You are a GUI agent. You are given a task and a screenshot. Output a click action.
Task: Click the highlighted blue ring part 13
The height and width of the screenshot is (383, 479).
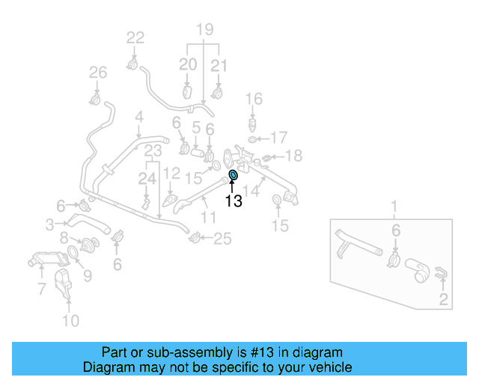tap(233, 176)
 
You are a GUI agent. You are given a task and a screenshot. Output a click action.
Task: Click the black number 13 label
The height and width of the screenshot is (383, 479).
tap(234, 201)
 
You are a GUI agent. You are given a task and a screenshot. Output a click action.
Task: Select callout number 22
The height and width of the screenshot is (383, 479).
tap(135, 37)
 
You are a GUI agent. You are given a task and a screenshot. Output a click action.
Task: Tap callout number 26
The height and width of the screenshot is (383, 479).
tap(98, 73)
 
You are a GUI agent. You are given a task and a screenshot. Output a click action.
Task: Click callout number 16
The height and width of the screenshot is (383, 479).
tap(254, 99)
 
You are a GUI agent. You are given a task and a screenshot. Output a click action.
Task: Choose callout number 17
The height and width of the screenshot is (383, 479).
tap(278, 138)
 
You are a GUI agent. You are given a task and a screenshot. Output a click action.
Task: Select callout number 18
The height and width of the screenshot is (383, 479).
tap(294, 156)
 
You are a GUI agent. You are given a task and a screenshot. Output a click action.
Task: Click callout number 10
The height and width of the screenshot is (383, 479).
tap(70, 322)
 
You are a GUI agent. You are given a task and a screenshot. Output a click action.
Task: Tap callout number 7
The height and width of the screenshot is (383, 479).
tap(42, 288)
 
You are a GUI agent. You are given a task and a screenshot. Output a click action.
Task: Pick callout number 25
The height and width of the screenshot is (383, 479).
tap(223, 239)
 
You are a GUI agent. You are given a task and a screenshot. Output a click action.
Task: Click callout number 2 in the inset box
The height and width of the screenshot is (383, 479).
tap(443, 301)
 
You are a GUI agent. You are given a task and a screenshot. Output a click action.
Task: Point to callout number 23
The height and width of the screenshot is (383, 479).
tap(153, 151)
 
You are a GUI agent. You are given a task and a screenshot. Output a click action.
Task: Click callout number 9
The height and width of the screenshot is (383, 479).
tap(88, 276)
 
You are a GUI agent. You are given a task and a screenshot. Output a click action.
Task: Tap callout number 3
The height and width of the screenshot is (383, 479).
tap(49, 224)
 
